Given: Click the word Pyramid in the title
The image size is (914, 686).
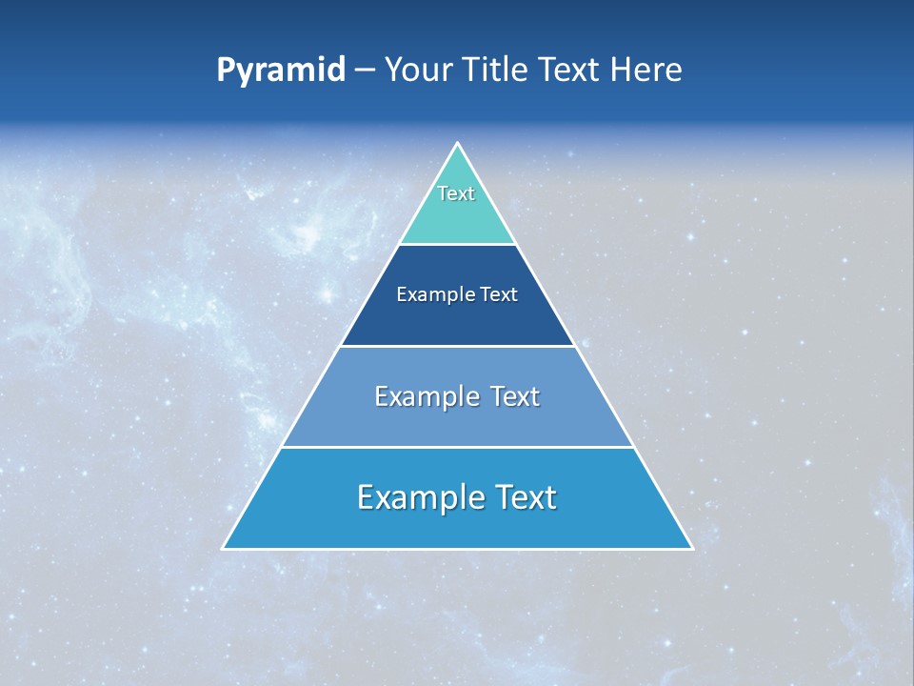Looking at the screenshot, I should pos(281,71).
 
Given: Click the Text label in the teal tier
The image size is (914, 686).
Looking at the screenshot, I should pos(456,193).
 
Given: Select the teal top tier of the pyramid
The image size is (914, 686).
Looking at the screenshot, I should pos(457,219).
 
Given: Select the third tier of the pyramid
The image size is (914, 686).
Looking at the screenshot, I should pos(457,425).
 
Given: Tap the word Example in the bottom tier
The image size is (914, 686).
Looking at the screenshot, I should pos(419,497).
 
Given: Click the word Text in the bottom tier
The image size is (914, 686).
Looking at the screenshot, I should pos(524,497).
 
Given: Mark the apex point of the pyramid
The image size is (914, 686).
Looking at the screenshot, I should pos(457,144).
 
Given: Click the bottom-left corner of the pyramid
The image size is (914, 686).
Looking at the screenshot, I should pos(223,548).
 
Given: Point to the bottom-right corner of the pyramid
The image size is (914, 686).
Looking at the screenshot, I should pos(691,548).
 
